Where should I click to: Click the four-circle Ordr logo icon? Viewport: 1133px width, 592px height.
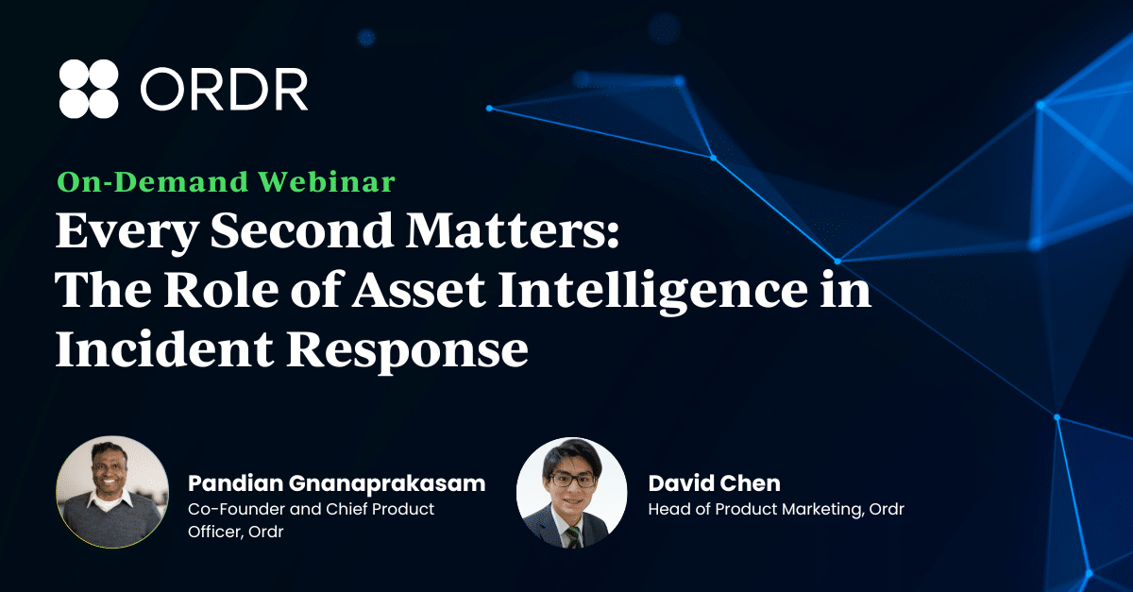pyautogui.click(x=89, y=89)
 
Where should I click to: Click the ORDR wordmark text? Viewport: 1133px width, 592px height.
pyautogui.click(x=224, y=90)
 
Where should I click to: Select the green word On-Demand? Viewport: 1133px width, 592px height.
pyautogui.click(x=153, y=181)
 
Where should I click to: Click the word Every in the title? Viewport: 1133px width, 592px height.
pyautogui.click(x=127, y=231)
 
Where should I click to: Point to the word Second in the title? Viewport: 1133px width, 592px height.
pyautogui.click(x=302, y=230)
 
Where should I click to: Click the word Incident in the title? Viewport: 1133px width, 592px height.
pyautogui.click(x=165, y=349)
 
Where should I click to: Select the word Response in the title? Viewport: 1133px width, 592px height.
pyautogui.click(x=408, y=351)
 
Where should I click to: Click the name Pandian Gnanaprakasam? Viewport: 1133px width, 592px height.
pyautogui.click(x=336, y=483)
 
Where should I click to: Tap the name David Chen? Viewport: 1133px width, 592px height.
pyautogui.click(x=714, y=483)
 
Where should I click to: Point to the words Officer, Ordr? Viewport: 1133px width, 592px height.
pyautogui.click(x=235, y=532)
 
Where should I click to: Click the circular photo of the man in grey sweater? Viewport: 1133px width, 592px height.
pyautogui.click(x=112, y=492)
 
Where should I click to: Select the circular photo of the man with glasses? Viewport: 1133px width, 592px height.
pyautogui.click(x=571, y=493)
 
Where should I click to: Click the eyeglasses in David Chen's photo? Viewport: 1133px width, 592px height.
pyautogui.click(x=572, y=479)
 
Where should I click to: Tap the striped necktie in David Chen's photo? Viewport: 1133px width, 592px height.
pyautogui.click(x=574, y=536)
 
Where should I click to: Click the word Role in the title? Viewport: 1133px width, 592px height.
pyautogui.click(x=221, y=290)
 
